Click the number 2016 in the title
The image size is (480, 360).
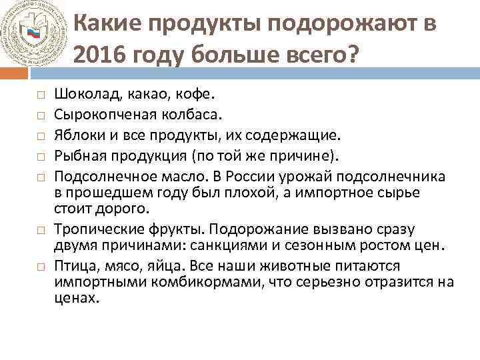pyautogui.click(x=101, y=57)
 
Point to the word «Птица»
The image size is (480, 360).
pyautogui.click(x=73, y=266)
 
